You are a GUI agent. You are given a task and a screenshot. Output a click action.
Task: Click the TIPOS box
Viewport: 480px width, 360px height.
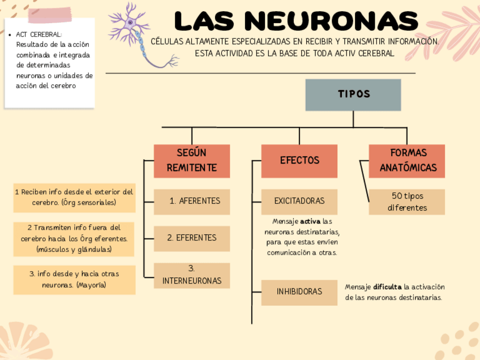click(353, 95)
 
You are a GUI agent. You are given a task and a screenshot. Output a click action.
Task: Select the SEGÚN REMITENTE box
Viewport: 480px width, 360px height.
click(192, 161)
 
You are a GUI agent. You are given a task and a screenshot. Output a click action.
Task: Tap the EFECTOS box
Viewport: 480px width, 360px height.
click(299, 161)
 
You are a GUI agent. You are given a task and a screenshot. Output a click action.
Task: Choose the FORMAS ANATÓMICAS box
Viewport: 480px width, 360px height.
click(407, 161)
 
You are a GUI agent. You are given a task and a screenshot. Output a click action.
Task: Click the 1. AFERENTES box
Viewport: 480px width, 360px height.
click(192, 202)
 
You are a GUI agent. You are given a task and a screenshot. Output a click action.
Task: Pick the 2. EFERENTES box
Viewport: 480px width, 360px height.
click(192, 238)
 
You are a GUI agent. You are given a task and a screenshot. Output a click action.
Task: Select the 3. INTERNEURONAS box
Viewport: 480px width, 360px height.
click(192, 275)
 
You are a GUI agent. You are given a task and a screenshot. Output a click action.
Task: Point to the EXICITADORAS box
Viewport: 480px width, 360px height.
click(299, 202)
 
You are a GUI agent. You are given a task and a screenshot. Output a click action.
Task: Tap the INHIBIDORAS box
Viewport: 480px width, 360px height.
click(299, 292)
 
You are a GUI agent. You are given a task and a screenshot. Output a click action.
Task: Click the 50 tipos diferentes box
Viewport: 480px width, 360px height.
click(407, 202)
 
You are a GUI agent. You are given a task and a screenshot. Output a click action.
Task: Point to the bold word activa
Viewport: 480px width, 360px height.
click(310, 221)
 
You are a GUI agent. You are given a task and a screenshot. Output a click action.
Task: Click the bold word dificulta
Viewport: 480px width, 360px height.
click(387, 287)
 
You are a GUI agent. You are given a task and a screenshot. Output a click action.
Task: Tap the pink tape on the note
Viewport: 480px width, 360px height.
click(52, 14)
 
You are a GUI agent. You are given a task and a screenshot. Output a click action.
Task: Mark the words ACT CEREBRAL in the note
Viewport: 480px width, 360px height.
click(38, 35)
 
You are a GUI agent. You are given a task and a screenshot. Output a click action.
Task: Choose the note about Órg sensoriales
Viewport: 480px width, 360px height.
click(74, 197)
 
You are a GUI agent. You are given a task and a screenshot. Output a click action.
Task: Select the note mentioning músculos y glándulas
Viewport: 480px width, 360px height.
click(74, 238)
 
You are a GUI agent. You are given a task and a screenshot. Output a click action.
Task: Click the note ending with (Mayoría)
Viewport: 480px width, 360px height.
click(74, 280)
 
